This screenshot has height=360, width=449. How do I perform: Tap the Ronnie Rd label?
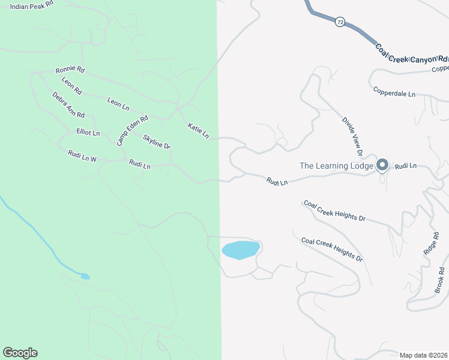70,70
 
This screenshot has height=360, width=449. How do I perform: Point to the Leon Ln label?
118,103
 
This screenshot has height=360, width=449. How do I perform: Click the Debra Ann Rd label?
68,105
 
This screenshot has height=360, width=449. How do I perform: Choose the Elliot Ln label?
88,132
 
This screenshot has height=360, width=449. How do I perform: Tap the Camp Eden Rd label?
132,130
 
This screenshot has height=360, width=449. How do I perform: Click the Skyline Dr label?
157,142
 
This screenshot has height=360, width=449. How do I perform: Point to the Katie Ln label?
198,131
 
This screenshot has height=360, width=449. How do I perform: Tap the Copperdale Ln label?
394,93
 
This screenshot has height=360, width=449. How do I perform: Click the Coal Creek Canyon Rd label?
412,55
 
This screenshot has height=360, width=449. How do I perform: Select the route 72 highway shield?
340,22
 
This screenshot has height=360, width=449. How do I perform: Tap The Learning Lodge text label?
337,166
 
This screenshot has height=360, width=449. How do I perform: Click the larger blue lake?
241,250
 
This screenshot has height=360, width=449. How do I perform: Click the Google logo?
20,353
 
